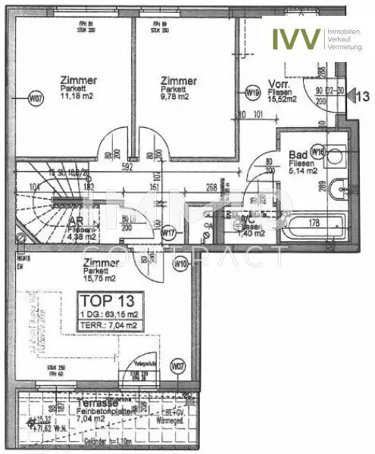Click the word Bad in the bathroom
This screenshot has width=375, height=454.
pyautogui.click(x=297, y=154)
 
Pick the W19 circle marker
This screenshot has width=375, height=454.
pyautogui.click(x=253, y=92)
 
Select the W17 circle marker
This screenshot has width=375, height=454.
pyautogui.click(x=169, y=233)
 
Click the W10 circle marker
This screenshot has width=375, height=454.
pyautogui.click(x=180, y=264)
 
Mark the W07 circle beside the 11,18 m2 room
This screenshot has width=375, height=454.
pyautogui.click(x=35, y=98)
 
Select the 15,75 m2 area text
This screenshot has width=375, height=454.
pyautogui.click(x=102, y=276)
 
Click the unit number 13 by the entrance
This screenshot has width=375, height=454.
pyautogui.click(x=362, y=96)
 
